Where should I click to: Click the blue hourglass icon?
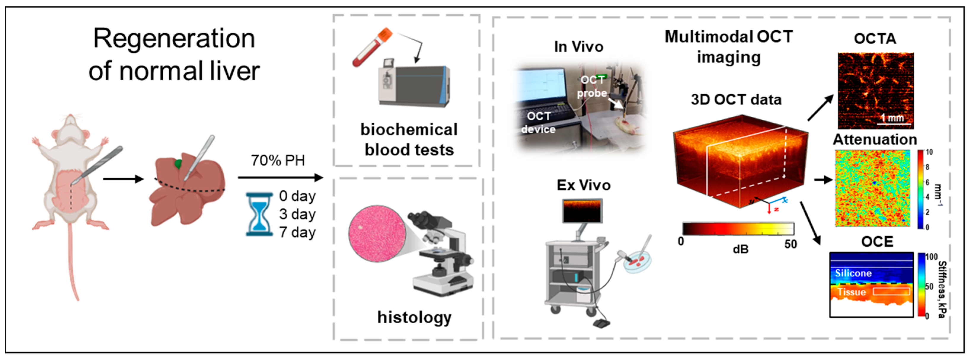pos(259,214)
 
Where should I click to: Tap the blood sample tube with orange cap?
pos(372,47)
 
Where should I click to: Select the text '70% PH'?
pos(278,161)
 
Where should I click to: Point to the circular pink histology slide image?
pos(377,234)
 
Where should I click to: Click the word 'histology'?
pos(414,317)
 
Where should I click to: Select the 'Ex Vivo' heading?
pos(583,185)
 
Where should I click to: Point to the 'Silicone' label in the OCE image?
pos(853,273)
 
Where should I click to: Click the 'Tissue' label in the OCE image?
pos(851,292)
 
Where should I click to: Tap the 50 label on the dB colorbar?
pos(791,244)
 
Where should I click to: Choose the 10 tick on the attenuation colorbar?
pos(929,152)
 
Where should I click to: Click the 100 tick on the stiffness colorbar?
pos(931,257)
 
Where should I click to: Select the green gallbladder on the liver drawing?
pos(177,164)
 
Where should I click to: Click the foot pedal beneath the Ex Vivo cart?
pos(602,323)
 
